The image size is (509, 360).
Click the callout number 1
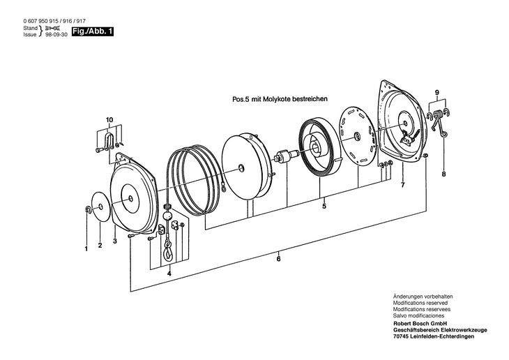(86, 248)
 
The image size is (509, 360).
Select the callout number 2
(100, 246)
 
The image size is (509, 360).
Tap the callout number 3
(114, 241)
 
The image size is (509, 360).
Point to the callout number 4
(169, 273)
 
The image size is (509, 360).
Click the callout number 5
(324, 207)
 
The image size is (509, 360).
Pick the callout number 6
(279, 259)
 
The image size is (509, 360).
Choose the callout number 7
(402, 186)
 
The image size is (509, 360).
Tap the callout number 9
(437, 93)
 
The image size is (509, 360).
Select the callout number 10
(109, 120)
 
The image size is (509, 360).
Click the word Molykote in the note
(285, 100)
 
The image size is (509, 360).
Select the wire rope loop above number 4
(168, 251)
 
